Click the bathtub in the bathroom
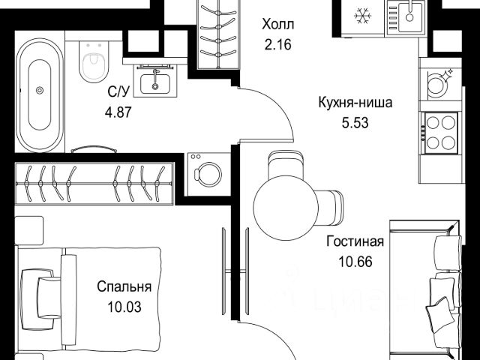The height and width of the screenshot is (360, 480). pyautogui.click(x=40, y=95)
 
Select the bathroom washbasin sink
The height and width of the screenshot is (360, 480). pyautogui.click(x=155, y=82)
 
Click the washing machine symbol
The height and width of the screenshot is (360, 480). pyautogui.click(x=209, y=174)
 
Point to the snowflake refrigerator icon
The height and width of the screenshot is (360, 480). pyautogui.click(x=363, y=15)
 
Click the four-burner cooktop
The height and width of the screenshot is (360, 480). pyautogui.click(x=441, y=133)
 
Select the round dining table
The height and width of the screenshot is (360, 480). pyautogui.click(x=286, y=208)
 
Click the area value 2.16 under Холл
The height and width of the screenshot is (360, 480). pyautogui.click(x=278, y=45)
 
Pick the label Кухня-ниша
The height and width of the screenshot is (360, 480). pyautogui.click(x=355, y=103)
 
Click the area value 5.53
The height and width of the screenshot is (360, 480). pyautogui.click(x=355, y=123)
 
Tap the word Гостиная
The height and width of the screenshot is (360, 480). pyautogui.click(x=355, y=241)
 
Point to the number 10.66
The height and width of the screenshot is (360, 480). pyautogui.click(x=355, y=262)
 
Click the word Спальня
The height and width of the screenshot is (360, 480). pyautogui.click(x=124, y=286)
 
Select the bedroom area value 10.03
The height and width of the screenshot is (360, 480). pyautogui.click(x=124, y=307)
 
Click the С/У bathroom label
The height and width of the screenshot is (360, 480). pyautogui.click(x=118, y=91)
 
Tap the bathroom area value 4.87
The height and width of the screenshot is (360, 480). pyautogui.click(x=118, y=112)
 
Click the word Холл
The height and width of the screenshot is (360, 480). pyautogui.click(x=278, y=25)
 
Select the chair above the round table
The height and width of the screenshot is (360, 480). pyautogui.click(x=286, y=164)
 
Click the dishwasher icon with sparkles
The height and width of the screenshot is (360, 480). pyautogui.click(x=439, y=82)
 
